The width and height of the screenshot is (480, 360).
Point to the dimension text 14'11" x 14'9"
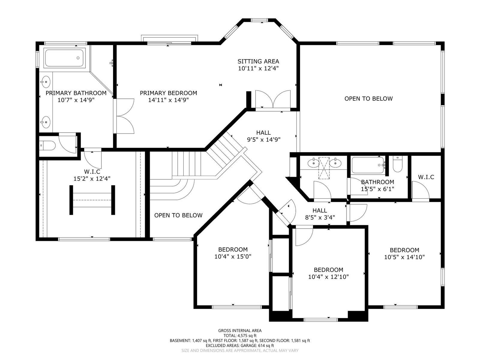(x=168, y=100)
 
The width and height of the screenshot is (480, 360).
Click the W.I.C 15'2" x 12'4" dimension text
(x=92, y=178)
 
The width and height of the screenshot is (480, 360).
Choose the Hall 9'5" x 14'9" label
(x=263, y=136)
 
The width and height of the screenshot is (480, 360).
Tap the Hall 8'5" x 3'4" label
(x=320, y=214)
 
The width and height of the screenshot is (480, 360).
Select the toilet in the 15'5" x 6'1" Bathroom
(x=397, y=164)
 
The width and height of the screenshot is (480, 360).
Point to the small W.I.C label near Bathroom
(x=426, y=177)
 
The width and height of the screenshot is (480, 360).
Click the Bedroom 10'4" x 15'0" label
(x=233, y=253)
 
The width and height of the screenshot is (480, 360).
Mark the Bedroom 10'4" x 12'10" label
(x=328, y=273)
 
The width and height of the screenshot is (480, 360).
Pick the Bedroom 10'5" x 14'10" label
(x=405, y=253)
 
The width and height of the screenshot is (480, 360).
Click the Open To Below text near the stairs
(x=178, y=215)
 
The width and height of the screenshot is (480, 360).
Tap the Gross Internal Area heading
(x=240, y=331)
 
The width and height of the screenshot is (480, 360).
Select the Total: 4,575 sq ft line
(x=240, y=336)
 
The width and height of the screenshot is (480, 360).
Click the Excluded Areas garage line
(x=240, y=346)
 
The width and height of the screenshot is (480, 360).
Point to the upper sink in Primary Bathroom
(x=46, y=82)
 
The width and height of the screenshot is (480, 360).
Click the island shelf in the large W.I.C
(x=92, y=200)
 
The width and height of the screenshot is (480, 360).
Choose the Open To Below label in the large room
(x=368, y=99)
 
